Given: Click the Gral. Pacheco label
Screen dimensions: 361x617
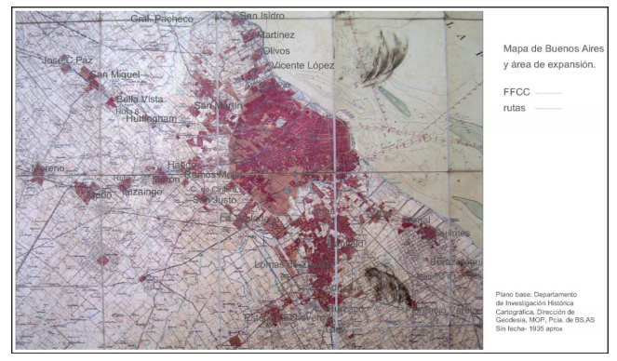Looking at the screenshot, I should coord(161,18).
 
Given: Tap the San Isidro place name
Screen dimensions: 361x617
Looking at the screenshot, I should coord(262,16).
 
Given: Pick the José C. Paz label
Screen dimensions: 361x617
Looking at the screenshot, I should coord(68,60).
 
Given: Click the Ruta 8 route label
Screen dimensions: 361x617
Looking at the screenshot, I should coord(127,111).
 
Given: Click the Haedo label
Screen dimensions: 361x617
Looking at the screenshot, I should coord(182,165).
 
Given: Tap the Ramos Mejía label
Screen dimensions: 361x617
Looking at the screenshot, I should coord(213,175).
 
